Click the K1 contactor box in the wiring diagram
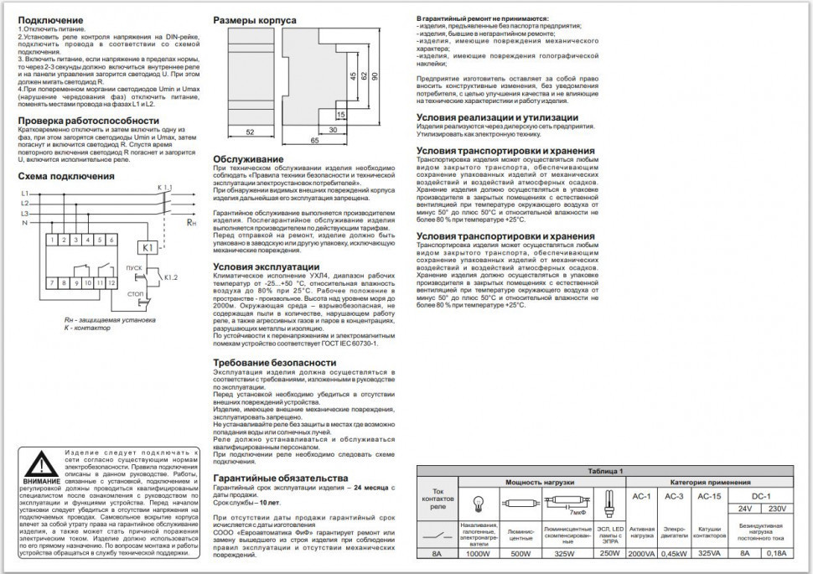(148, 247)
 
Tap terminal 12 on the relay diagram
(111, 283)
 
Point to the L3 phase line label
(24, 214)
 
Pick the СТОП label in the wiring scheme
(134, 294)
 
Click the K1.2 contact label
(170, 277)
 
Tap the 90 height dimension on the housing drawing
(375, 76)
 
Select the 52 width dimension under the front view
(251, 132)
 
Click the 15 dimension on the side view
(341, 113)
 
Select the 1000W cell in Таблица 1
(479, 554)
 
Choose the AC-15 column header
(710, 497)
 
